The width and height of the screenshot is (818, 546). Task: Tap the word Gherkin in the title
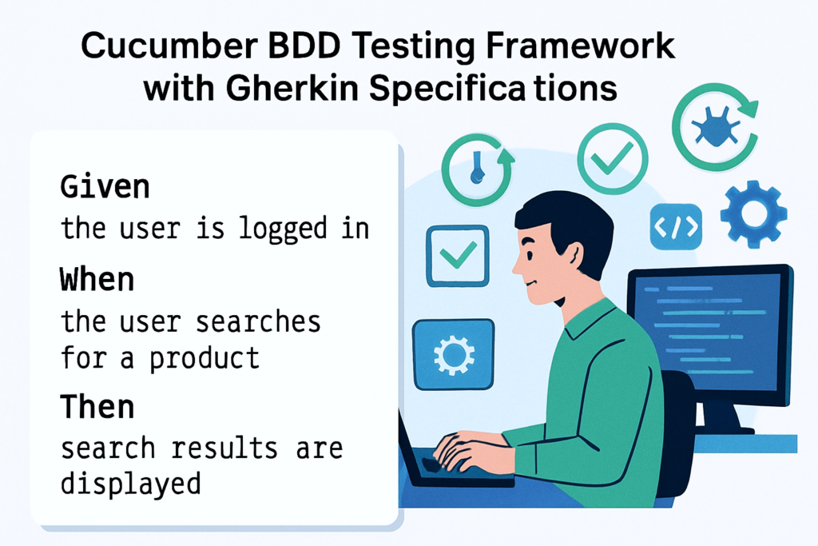tap(292, 88)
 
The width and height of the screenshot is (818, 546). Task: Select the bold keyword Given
tap(105, 187)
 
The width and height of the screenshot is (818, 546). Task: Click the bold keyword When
tap(97, 279)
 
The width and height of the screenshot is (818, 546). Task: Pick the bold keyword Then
tap(97, 407)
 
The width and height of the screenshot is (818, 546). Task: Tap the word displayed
tap(130, 484)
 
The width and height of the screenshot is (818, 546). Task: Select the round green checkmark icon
tap(613, 159)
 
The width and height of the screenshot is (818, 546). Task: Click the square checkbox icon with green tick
tap(458, 256)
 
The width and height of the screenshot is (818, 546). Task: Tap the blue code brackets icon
tap(676, 227)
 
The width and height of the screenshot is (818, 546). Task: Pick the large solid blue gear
tap(753, 213)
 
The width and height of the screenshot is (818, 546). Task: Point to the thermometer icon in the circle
tap(476, 168)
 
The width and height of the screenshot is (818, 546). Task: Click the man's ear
tap(574, 257)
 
